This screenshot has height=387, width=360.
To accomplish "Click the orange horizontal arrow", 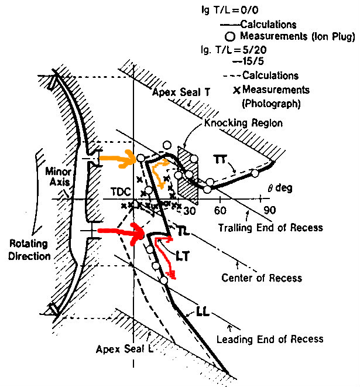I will coord(117,158).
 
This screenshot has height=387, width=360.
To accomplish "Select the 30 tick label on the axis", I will coord(190,211).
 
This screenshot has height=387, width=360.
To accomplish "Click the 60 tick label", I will coord(220,211).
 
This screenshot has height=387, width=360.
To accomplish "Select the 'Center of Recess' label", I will coord(262,278).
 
